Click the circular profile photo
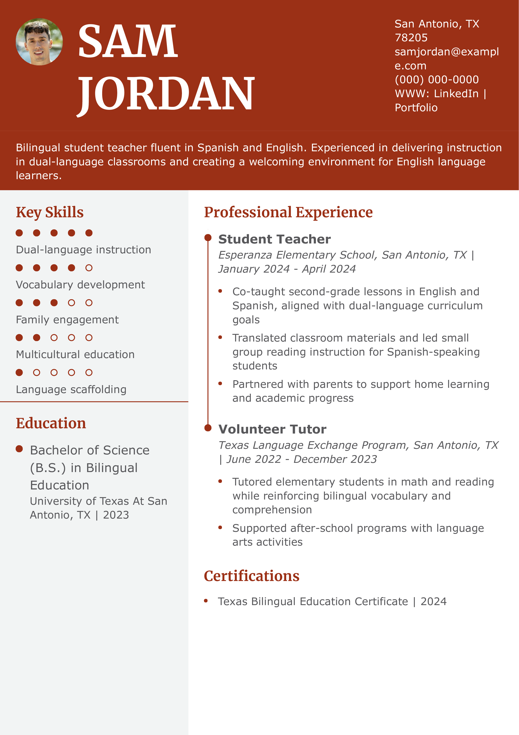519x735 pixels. tap(39, 42)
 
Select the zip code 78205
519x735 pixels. tap(411, 38)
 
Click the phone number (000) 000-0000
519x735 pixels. tap(437, 80)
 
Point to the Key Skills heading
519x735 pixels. tap(50, 212)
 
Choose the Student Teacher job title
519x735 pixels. tap(274, 239)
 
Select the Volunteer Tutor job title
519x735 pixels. tap(272, 429)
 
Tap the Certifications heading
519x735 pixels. tap(252, 576)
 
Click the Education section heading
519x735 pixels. tap(51, 423)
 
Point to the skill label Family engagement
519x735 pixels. tap(67, 320)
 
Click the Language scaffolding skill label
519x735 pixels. tap(71, 389)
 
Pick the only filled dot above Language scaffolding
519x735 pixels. tap(19, 372)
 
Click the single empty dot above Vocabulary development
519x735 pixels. tap(89, 268)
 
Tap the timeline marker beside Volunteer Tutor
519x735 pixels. tap(208, 428)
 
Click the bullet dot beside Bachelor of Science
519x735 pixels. tap(19, 449)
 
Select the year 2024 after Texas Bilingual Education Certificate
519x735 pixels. tap(433, 602)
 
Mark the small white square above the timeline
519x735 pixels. tap(208, 232)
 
